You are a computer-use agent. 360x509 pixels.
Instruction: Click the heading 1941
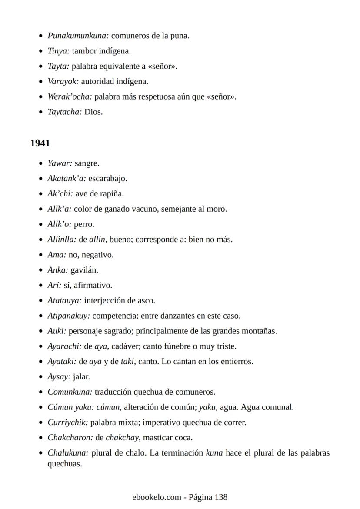pyautogui.click(x=40, y=143)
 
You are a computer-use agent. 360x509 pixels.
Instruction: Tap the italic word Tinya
pyautogui.click(x=58, y=51)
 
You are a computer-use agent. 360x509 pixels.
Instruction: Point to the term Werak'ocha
pyautogui.click(x=70, y=96)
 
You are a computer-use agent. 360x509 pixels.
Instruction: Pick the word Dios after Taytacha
pyautogui.click(x=93, y=112)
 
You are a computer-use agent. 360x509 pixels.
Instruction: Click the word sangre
pyautogui.click(x=87, y=163)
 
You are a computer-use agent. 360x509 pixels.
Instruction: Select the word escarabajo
pyautogui.click(x=107, y=179)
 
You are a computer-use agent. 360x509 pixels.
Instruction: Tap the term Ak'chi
pyautogui.click(x=60, y=194)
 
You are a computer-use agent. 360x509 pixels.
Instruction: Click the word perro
pyautogui.click(x=84, y=224)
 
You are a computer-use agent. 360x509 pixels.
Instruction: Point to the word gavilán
pyautogui.click(x=84, y=270)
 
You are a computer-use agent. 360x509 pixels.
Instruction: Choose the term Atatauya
pyautogui.click(x=64, y=300)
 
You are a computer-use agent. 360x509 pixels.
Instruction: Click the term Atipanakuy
pyautogui.click(x=69, y=316)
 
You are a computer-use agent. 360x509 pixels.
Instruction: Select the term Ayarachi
pyautogui.click(x=64, y=346)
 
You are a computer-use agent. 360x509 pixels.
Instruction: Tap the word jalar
pyautogui.click(x=81, y=377)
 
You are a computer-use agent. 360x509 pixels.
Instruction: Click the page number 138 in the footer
pyautogui.click(x=221, y=497)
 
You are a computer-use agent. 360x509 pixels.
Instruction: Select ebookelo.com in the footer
pyautogui.click(x=157, y=497)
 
